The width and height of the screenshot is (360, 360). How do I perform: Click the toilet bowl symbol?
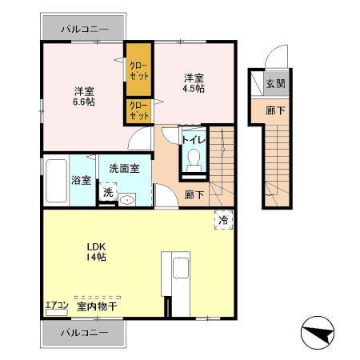coord(194,160)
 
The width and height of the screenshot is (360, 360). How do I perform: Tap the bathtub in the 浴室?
coord(56,181)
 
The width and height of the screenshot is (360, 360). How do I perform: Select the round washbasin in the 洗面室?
coord(127,200)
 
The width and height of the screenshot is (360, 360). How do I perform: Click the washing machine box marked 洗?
coord(108,192)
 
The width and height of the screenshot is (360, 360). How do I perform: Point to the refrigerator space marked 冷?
coord(224,220)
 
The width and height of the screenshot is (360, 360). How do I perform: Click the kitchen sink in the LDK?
coord(181,268)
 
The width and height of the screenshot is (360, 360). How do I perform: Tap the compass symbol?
coord(318,333)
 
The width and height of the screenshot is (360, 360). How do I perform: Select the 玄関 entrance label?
coord(276,84)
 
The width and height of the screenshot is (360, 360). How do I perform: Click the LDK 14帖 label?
coord(96,252)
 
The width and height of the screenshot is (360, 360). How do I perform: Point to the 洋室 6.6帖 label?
coord(84,97)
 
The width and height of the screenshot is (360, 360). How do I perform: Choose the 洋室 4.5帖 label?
coord(194,83)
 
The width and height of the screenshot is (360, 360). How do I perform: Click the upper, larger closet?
coord(138,70)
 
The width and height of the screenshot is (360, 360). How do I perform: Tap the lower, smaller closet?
coord(138,111)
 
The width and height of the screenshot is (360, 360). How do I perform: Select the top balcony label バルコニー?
coord(85,29)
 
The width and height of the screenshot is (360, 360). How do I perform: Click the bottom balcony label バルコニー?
coord(85,333)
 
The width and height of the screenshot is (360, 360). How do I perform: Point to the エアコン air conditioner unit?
coord(57,312)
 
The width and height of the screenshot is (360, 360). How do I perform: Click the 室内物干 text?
coord(97,306)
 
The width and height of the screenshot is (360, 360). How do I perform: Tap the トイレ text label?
coord(194,140)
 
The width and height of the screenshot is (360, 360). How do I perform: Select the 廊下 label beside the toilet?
coord(194,194)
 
